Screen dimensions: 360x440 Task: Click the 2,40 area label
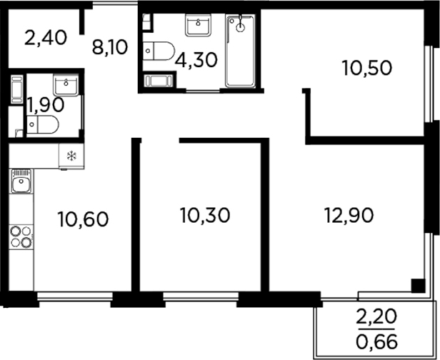pyautogui.click(x=46, y=37)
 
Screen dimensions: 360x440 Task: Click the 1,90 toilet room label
pyautogui.click(x=46, y=104)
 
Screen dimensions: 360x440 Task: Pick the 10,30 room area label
pyautogui.click(x=205, y=215)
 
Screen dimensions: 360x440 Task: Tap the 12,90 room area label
pyautogui.click(x=349, y=215)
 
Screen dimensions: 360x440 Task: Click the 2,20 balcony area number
pyautogui.click(x=376, y=315)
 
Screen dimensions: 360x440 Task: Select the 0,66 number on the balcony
pyautogui.click(x=376, y=340)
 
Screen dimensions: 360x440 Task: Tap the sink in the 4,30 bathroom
pyautogui.click(x=197, y=26)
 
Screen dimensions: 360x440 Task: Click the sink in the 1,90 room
pyautogui.click(x=69, y=86)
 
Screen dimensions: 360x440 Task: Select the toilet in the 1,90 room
pyautogui.click(x=42, y=126)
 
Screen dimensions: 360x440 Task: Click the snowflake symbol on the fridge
pyautogui.click(x=71, y=156)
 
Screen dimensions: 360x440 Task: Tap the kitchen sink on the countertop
pyautogui.click(x=21, y=184)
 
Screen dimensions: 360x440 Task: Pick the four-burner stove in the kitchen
pyautogui.click(x=21, y=236)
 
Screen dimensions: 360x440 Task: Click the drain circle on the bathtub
pyautogui.click(x=241, y=27)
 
